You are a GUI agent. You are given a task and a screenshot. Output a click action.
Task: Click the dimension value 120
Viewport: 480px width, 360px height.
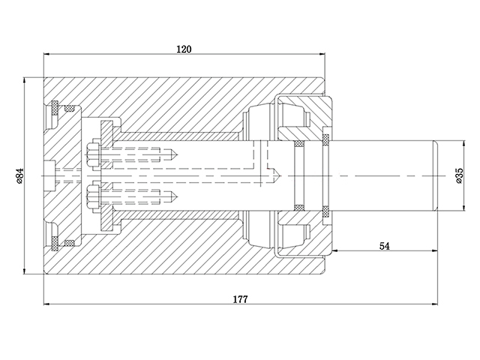click(184, 49)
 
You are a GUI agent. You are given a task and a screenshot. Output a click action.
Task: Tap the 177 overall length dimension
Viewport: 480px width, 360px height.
click(240, 298)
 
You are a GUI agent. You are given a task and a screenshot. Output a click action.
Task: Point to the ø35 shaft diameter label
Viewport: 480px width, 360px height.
click(458, 175)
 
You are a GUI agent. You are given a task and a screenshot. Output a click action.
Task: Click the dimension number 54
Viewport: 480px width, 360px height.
click(384, 245)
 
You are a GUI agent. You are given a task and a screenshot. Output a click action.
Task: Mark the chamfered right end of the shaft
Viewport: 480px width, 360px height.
click(435, 175)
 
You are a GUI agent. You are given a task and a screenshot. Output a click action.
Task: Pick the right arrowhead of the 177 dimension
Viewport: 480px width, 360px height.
click(436, 304)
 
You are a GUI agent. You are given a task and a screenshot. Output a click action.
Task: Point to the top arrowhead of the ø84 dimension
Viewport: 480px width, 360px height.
click(25, 79)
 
